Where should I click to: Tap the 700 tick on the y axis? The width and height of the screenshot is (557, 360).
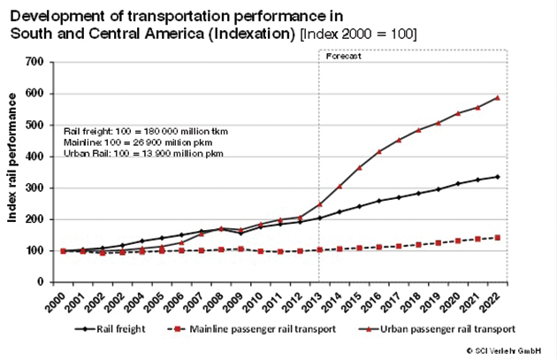click(x=35, y=62)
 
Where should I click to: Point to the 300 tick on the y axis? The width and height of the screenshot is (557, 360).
click(x=35, y=188)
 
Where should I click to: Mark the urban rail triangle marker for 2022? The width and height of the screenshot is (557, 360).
click(x=498, y=97)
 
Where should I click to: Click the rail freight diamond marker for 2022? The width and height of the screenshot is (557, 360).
click(x=498, y=177)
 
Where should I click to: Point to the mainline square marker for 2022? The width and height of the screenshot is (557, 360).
click(x=498, y=238)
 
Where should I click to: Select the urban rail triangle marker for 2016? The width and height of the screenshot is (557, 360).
click(x=379, y=152)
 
